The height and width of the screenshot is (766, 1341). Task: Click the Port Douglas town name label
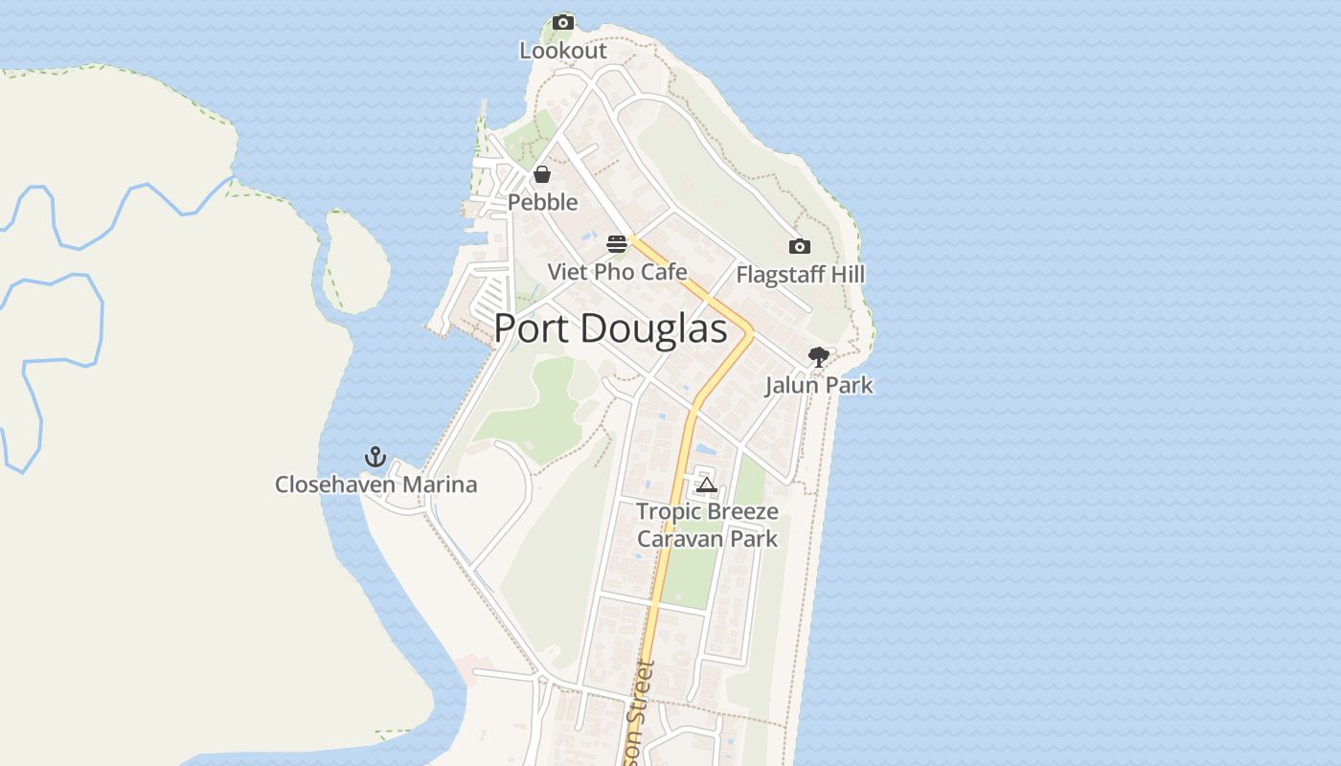coord(610,328)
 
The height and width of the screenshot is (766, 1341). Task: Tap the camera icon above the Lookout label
coord(563,22)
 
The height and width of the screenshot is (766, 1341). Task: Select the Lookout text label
coord(563,51)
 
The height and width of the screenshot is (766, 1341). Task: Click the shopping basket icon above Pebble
coord(542,174)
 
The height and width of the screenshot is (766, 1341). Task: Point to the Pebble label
coord(543,202)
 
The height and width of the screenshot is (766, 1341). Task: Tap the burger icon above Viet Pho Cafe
coord(617,243)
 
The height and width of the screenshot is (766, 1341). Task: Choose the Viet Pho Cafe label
coord(617,272)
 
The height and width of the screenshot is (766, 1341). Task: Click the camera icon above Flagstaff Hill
coord(800,247)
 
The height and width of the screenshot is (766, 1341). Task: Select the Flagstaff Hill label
coord(800,275)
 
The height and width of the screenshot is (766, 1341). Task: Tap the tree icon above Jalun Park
coord(819,357)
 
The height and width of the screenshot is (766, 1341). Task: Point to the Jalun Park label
coord(819,385)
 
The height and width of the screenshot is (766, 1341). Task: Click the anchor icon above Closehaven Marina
coord(375,457)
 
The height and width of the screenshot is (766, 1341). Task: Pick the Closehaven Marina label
coord(375,484)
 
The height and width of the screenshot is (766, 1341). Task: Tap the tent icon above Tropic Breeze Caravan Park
coord(707,484)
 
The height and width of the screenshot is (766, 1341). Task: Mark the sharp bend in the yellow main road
coord(751,333)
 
